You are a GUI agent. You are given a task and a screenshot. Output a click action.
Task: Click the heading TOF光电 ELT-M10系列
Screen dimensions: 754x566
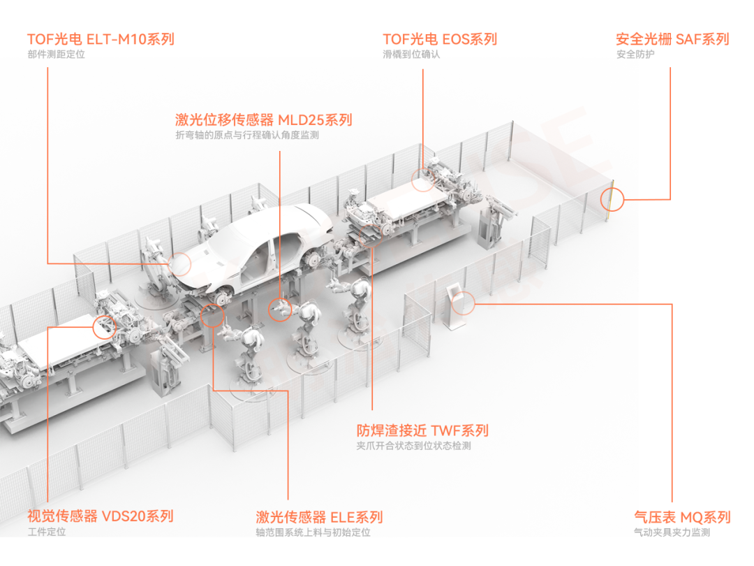(101, 39)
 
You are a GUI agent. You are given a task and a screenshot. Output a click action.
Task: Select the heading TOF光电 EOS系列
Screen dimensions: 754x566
(440, 39)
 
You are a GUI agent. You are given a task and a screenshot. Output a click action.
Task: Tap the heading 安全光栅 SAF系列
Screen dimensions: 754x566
(672, 39)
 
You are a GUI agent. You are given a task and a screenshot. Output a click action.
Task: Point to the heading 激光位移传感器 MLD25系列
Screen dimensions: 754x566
(263, 119)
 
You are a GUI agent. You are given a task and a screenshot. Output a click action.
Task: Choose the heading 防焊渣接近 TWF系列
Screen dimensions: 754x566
(422, 430)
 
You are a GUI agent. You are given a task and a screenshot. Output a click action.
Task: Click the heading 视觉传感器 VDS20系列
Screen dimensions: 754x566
(100, 516)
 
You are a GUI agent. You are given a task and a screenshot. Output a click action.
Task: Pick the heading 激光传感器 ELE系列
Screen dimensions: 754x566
(319, 517)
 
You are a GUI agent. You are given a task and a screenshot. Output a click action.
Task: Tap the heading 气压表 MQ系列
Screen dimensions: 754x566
(682, 517)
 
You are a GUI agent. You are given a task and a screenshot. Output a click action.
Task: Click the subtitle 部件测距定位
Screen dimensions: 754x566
(57, 55)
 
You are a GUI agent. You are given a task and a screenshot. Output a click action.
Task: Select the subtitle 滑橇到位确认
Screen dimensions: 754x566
(411, 55)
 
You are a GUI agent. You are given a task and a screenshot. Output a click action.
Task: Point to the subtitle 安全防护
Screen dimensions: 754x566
(635, 55)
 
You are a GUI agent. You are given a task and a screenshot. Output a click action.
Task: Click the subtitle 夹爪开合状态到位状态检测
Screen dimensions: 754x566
(413, 446)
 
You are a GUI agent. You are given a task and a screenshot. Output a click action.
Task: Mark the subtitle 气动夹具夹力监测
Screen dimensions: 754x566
(672, 532)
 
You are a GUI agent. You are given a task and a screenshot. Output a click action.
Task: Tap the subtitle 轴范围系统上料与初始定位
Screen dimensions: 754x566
(313, 532)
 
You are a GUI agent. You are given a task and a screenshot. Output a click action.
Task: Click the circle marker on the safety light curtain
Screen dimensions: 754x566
(612, 198)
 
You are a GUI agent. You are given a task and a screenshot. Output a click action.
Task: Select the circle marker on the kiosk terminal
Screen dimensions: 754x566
(463, 303)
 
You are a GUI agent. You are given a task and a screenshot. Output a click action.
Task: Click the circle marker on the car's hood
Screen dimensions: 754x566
(179, 263)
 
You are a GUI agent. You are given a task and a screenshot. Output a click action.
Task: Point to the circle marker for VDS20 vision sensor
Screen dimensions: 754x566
(104, 327)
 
